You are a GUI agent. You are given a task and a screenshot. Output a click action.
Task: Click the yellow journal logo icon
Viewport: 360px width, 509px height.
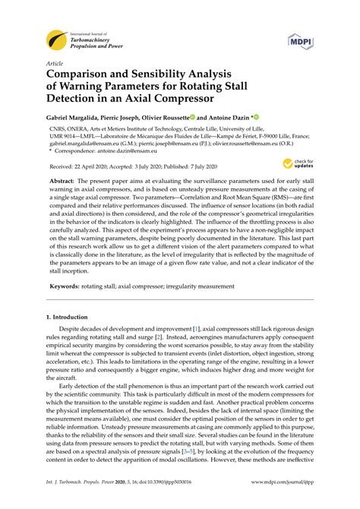tap(56, 37)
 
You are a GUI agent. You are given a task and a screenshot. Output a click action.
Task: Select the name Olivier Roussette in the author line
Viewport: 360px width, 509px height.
tap(163, 119)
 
